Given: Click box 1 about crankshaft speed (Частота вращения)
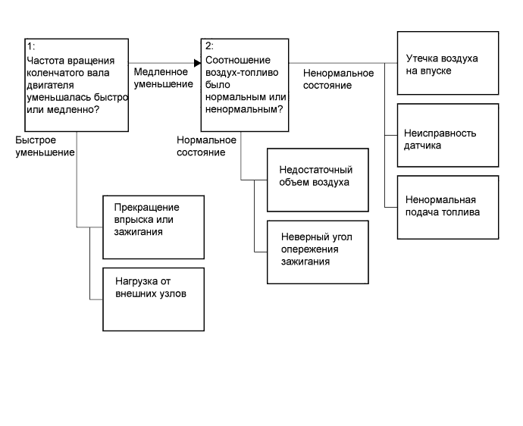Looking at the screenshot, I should pyautogui.click(x=76, y=86).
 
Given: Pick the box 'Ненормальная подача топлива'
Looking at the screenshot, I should pyautogui.click(x=447, y=206).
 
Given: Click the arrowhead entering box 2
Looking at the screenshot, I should pyautogui.click(x=197, y=62).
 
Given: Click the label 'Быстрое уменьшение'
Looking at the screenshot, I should pyautogui.click(x=45, y=146).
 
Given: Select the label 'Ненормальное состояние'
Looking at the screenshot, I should pyautogui.click(x=338, y=79).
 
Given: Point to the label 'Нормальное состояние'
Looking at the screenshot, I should pyautogui.click(x=206, y=146).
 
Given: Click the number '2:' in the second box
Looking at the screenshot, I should pyautogui.click(x=210, y=47).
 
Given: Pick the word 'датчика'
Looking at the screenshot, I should pyautogui.click(x=423, y=145).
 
